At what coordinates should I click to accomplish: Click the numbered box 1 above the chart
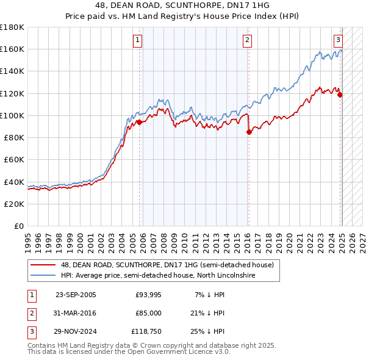tap(137, 41)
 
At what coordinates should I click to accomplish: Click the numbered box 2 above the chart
tap(247, 41)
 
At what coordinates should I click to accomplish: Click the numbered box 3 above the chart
tap(337, 41)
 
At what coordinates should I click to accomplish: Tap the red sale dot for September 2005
tap(139, 122)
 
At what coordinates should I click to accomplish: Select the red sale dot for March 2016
tap(249, 132)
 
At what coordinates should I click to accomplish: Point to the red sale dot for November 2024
tap(340, 95)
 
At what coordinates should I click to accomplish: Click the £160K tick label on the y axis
tap(12, 49)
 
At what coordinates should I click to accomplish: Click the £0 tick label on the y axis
tap(18, 226)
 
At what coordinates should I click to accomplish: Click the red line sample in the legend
tap(43, 265)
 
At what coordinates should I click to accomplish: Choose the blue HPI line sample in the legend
tap(43, 276)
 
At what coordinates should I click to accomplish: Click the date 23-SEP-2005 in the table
tap(76, 295)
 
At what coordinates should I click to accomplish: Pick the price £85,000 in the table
tap(148, 313)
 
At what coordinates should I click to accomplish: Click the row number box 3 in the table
tap(30, 331)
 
